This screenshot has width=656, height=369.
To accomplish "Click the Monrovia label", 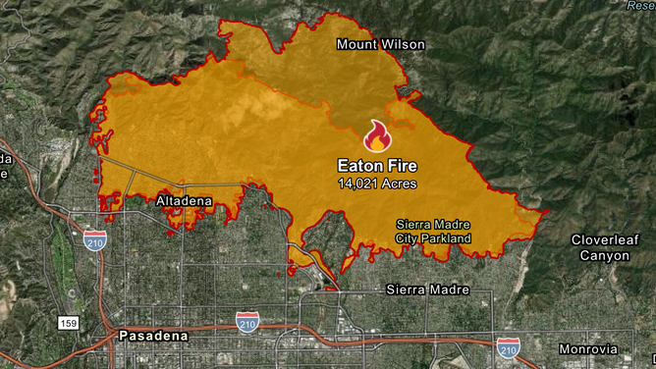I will click(x=587, y=349).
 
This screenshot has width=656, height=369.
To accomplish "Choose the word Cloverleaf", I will click(x=604, y=240).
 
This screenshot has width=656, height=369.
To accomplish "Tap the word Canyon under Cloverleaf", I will click(x=604, y=255).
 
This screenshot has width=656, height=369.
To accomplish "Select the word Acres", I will click(x=400, y=184).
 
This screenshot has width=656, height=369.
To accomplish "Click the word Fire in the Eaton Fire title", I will click(x=402, y=167).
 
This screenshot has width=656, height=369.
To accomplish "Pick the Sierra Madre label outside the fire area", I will click(x=427, y=290).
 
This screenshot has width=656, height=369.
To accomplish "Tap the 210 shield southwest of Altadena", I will click(x=95, y=243).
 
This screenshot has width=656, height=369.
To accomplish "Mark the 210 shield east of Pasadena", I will click(x=248, y=320).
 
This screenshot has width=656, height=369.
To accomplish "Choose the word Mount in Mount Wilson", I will click(x=355, y=44).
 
